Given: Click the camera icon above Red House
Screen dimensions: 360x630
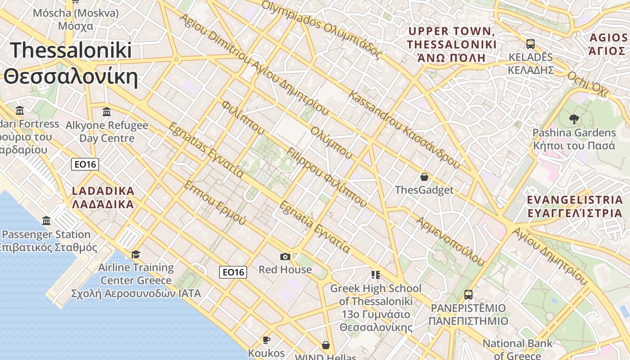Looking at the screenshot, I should point(285,256).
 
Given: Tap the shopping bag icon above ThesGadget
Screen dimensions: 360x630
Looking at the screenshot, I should point(424,176).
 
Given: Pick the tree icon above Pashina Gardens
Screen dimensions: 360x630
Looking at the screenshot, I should point(574,119).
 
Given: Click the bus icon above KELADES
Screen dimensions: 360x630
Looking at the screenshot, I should point(531,44).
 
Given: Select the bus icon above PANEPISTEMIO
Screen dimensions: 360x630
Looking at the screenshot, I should point(468,295).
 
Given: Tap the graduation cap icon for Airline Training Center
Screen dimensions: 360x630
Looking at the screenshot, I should point(136,255).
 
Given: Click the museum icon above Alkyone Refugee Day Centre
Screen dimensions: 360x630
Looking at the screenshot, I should point(107,112).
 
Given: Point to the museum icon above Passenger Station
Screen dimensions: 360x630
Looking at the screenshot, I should point(46,221).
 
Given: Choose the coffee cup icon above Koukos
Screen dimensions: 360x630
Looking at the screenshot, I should point(266,340).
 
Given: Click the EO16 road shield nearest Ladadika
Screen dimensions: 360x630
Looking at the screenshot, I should point(85,164).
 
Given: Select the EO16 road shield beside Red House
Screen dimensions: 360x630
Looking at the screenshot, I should point(233,272).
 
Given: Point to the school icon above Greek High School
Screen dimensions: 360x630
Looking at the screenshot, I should point(376,274).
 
